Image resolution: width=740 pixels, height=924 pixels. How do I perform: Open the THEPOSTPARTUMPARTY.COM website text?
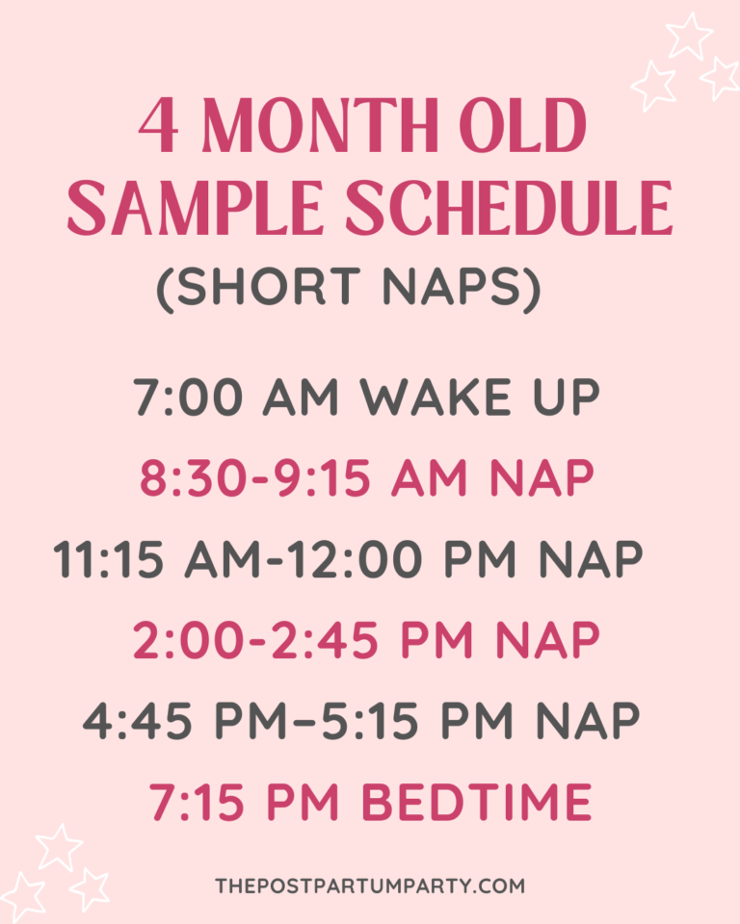pyautogui.click(x=370, y=884)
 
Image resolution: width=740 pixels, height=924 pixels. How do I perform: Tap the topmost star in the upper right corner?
pyautogui.click(x=690, y=37)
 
